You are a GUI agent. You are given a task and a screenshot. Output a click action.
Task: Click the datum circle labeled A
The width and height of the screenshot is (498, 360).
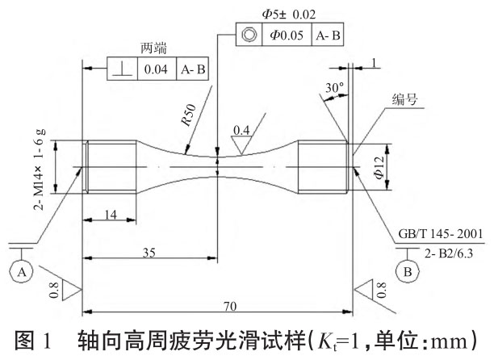(x=22, y=273)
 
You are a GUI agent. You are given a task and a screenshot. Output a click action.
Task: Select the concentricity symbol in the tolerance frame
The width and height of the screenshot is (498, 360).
(x=247, y=35)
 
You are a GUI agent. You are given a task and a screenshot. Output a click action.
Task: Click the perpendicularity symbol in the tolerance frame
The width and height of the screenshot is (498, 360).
(x=122, y=69)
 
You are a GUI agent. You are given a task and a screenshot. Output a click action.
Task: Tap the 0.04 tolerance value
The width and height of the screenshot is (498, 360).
(x=156, y=69)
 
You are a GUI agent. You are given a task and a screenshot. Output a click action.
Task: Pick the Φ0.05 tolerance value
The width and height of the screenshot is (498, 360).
(x=284, y=35)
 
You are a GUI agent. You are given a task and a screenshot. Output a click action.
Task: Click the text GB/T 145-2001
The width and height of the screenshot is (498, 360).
(x=442, y=234)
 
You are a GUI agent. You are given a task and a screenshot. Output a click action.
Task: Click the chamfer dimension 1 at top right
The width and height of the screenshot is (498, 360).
(x=375, y=62)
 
